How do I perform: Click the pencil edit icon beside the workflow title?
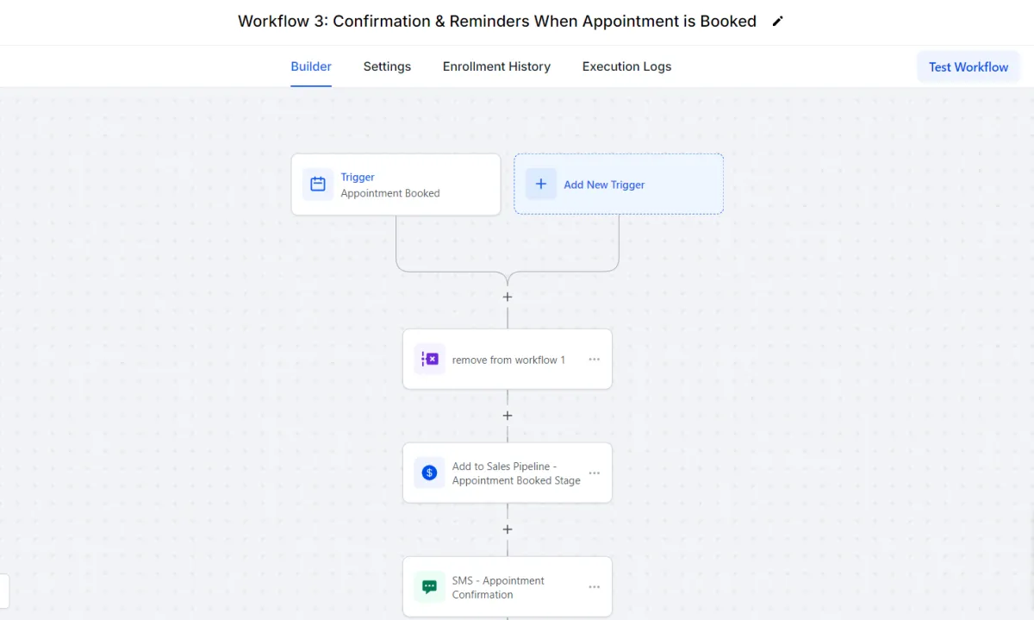pyautogui.click(x=778, y=22)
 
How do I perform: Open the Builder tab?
pyautogui.click(x=311, y=66)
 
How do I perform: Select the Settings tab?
pyautogui.click(x=387, y=66)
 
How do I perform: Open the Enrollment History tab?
pyautogui.click(x=496, y=66)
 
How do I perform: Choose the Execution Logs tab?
pyautogui.click(x=626, y=66)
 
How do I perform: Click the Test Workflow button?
pyautogui.click(x=969, y=67)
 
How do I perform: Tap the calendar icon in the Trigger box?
pyautogui.click(x=318, y=184)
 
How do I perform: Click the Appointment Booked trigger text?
pyautogui.click(x=390, y=193)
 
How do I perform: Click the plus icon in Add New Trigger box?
pyautogui.click(x=540, y=184)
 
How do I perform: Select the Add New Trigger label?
pyautogui.click(x=604, y=185)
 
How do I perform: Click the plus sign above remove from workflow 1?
pyautogui.click(x=508, y=297)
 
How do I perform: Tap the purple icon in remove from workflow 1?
pyautogui.click(x=429, y=359)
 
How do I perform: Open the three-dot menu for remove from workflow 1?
pyautogui.click(x=594, y=359)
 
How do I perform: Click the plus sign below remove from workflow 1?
pyautogui.click(x=508, y=416)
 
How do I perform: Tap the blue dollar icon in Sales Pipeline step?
pyautogui.click(x=429, y=473)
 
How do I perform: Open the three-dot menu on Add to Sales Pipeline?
pyautogui.click(x=594, y=473)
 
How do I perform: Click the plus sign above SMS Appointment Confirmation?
pyautogui.click(x=508, y=529)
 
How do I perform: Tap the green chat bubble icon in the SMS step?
pyautogui.click(x=429, y=586)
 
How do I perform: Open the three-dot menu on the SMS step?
pyautogui.click(x=594, y=586)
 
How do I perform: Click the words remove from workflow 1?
pyautogui.click(x=508, y=360)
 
